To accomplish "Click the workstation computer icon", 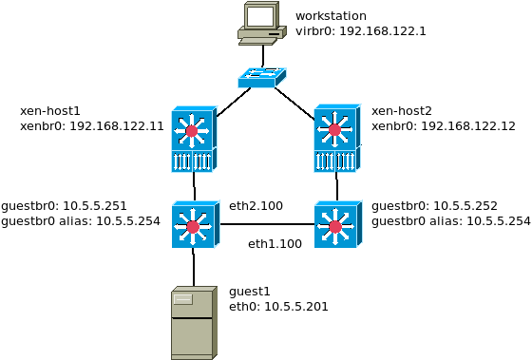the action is point(261,23).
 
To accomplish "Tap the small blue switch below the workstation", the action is point(261,78).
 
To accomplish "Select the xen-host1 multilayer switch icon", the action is point(194,139).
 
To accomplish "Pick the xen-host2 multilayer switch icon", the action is point(337,139).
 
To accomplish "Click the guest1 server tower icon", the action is point(194,323).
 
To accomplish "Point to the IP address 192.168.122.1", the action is point(382,31).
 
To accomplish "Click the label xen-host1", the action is point(49,111).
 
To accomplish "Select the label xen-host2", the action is point(401,111).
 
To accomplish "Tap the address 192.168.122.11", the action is point(117,126).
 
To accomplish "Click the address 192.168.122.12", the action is point(468,126).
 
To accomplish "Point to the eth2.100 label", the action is point(256,205).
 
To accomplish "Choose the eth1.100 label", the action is point(275,243).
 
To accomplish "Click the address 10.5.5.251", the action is point(95,205).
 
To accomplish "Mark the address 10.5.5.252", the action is point(465,205).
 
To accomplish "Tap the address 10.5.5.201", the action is point(296,307).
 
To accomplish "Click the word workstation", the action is point(331,16).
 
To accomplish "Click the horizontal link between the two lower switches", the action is point(267,224).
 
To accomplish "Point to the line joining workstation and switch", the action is point(262,56).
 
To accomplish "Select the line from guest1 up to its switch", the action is point(194,268).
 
